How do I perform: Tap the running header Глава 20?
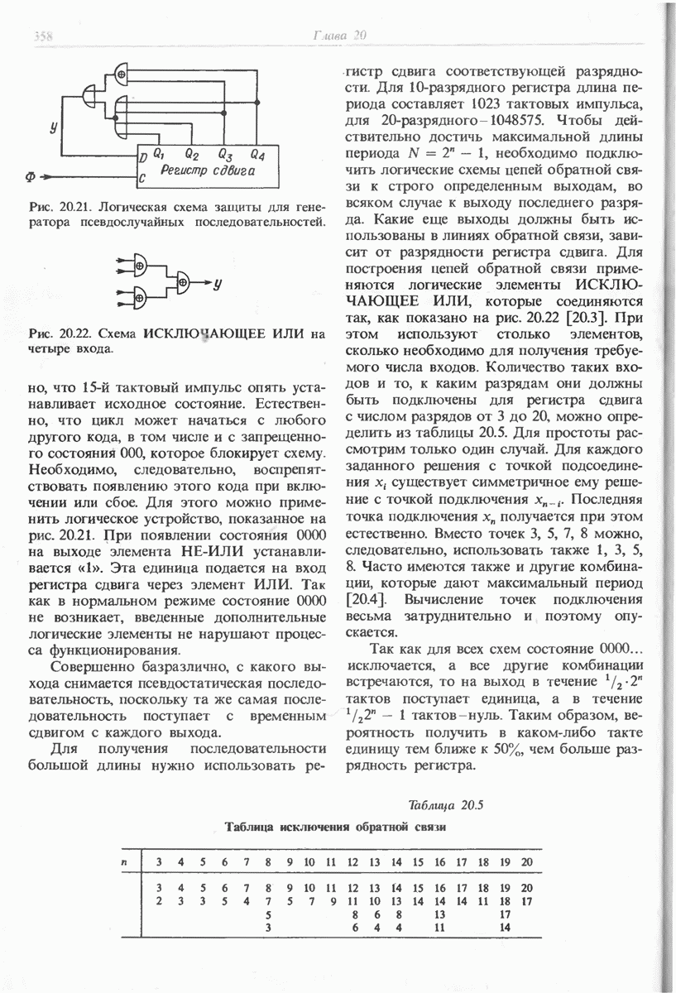[x=339, y=35]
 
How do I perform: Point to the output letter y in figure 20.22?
[x=217, y=283]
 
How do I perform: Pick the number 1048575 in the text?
[x=525, y=121]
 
